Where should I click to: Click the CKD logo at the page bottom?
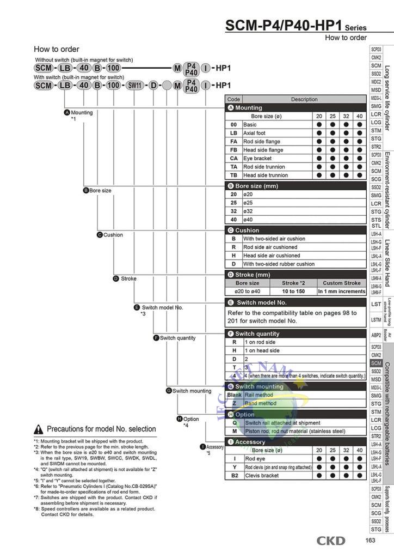(x=331, y=541)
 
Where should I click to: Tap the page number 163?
(x=371, y=541)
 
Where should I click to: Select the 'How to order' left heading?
(x=56, y=49)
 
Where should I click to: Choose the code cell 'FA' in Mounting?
(x=233, y=142)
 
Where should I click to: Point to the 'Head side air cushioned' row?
(x=272, y=256)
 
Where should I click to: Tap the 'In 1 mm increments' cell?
(x=341, y=292)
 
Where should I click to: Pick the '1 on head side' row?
(x=261, y=351)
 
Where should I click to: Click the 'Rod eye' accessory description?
(x=254, y=459)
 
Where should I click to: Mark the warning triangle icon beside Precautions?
(x=39, y=429)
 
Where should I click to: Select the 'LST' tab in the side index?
(x=376, y=304)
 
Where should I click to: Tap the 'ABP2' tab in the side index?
(x=376, y=335)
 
